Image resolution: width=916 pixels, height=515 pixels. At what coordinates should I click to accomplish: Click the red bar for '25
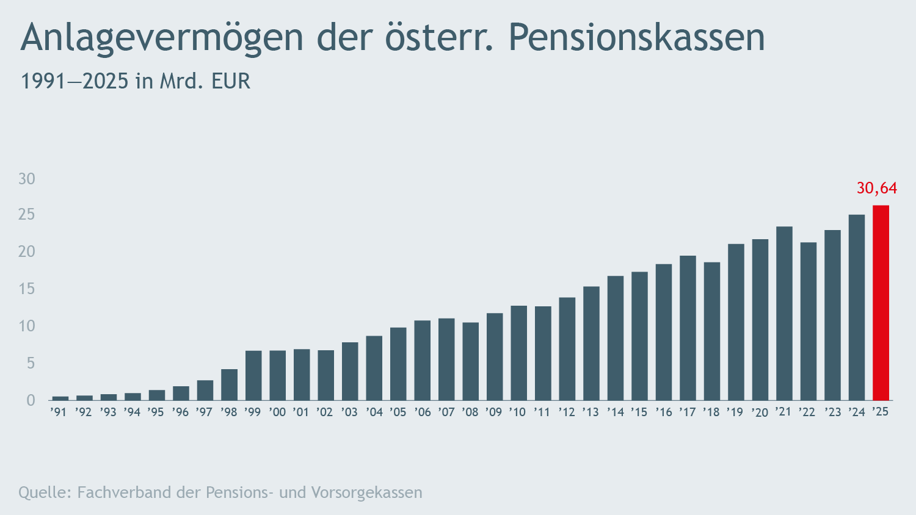click(881, 303)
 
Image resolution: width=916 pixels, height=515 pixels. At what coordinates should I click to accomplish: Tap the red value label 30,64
click(876, 188)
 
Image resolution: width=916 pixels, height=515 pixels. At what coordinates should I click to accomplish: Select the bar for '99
click(253, 375)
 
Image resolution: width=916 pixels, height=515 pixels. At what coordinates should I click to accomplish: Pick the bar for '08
click(470, 361)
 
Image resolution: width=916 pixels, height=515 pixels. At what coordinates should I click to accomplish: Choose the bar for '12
click(567, 348)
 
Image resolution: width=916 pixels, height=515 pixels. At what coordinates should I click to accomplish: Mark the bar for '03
click(350, 371)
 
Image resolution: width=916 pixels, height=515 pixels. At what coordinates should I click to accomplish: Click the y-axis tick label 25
click(27, 215)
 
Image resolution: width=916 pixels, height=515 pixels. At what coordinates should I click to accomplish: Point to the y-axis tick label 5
click(31, 363)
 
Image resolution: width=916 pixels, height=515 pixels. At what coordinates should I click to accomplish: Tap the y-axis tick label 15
click(27, 289)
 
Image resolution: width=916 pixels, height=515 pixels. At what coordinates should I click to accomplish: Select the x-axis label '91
click(59, 412)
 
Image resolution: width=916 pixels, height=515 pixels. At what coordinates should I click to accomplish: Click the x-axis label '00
click(277, 412)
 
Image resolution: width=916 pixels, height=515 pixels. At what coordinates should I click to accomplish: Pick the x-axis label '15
click(639, 412)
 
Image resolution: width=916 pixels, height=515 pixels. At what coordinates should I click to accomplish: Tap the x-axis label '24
click(857, 412)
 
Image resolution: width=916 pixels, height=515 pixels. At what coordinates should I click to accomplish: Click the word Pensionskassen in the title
click(636, 38)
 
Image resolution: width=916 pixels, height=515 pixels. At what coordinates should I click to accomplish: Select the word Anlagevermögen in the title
click(162, 38)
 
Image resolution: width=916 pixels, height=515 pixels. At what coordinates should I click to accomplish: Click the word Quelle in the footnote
click(45, 492)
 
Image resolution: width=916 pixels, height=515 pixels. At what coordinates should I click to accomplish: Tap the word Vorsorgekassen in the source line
click(366, 492)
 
